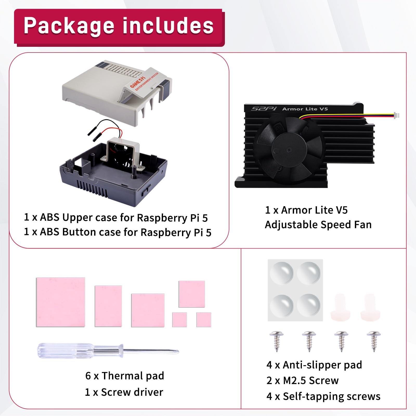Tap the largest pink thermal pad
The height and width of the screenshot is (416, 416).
(x=61, y=302)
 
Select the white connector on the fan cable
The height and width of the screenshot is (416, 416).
(x=396, y=115)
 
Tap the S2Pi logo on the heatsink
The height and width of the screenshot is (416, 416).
(x=264, y=109)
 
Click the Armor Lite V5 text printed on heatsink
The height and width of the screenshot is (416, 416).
(x=305, y=109)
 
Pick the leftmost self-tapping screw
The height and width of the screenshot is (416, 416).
(x=277, y=341)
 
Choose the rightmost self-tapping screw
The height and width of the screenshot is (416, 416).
(x=374, y=341)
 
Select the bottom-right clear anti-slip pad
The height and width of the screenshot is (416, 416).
(x=309, y=305)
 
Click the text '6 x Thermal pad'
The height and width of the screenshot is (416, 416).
(x=125, y=376)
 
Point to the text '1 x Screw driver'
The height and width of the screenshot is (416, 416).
(x=124, y=392)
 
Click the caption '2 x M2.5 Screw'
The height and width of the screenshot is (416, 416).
(x=303, y=381)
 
